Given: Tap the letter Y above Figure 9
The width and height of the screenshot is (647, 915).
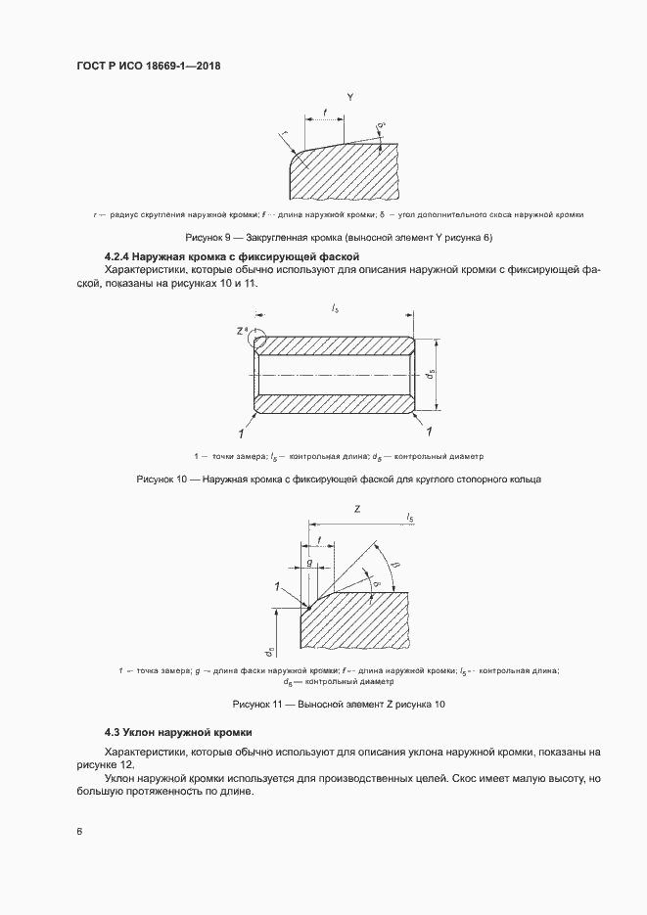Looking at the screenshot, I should point(349,98).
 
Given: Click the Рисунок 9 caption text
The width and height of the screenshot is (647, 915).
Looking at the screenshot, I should point(338,238).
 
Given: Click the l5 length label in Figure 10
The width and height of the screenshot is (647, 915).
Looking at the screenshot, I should point(336,309).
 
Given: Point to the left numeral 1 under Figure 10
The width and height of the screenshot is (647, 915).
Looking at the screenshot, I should point(238,432).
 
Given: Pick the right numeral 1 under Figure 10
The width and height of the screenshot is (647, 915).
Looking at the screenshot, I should point(431,432).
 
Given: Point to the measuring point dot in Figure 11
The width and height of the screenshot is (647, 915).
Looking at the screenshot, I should point(309,607).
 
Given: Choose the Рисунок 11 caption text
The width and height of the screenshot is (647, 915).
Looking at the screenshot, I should point(338,705).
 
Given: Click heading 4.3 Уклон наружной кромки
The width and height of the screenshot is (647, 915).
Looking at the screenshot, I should point(179,732).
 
